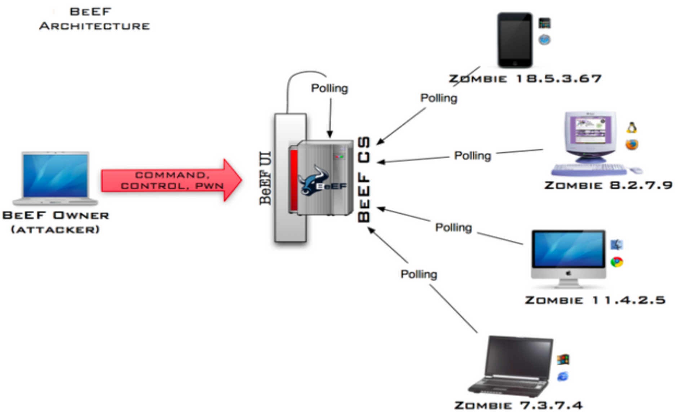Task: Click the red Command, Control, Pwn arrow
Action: [x=172, y=180]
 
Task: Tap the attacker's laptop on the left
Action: [x=56, y=178]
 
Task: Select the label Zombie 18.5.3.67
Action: [x=525, y=79]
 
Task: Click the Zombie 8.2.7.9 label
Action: [x=608, y=185]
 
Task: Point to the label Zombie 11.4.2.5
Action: [x=595, y=300]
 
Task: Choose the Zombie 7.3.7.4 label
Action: [x=518, y=405]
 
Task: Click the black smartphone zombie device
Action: [x=515, y=40]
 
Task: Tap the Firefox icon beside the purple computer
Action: [x=632, y=144]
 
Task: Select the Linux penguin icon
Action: [x=632, y=127]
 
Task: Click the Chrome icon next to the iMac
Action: [x=617, y=262]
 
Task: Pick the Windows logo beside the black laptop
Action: [x=563, y=359]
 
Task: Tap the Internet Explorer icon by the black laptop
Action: [x=563, y=376]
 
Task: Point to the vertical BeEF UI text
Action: [x=266, y=178]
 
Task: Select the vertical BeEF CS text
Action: [x=364, y=179]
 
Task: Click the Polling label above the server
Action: [x=330, y=88]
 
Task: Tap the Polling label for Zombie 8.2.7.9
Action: [x=473, y=156]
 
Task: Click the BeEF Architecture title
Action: [x=94, y=19]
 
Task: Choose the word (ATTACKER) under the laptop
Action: [x=55, y=229]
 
